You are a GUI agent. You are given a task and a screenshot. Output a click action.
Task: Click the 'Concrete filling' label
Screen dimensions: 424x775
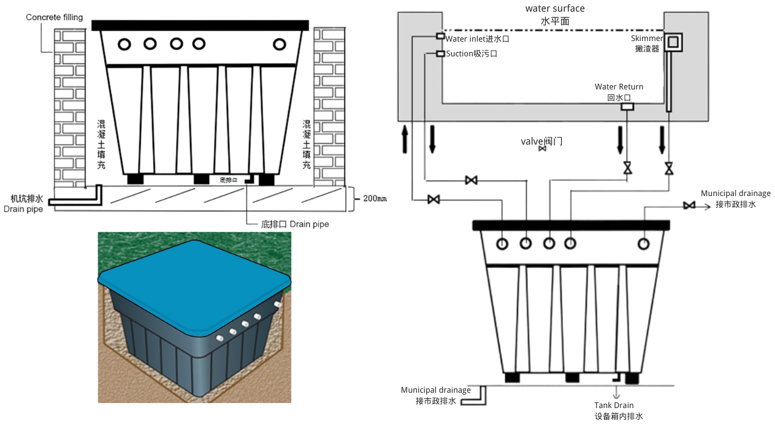point(54,17)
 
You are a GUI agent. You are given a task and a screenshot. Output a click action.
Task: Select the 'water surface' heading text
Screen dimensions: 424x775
point(555,9)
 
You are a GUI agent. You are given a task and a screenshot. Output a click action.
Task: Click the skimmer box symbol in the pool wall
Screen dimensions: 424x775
point(674,42)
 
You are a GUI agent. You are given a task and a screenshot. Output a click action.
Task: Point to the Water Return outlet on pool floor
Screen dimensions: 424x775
point(627,107)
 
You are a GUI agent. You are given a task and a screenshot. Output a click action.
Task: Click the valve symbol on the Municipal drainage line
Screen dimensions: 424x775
point(689,205)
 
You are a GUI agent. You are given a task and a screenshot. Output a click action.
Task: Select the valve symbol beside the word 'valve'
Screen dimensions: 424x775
point(542,149)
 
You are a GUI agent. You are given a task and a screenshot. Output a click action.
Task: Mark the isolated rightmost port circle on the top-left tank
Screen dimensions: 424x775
point(280,44)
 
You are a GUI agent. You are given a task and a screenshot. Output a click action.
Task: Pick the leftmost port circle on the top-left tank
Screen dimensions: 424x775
point(124,44)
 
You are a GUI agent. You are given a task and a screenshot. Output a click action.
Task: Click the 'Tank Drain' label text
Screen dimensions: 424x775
point(614,405)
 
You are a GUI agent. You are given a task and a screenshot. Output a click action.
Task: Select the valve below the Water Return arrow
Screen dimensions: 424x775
point(627,167)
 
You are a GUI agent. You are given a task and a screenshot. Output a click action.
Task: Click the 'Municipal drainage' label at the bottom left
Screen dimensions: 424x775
point(436,390)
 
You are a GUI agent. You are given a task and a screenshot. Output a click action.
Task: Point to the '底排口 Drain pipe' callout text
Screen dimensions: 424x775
point(295,224)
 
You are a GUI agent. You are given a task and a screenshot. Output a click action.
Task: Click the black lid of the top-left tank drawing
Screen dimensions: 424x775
point(200,25)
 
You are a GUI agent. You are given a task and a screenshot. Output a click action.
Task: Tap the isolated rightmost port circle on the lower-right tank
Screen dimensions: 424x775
point(644,244)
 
